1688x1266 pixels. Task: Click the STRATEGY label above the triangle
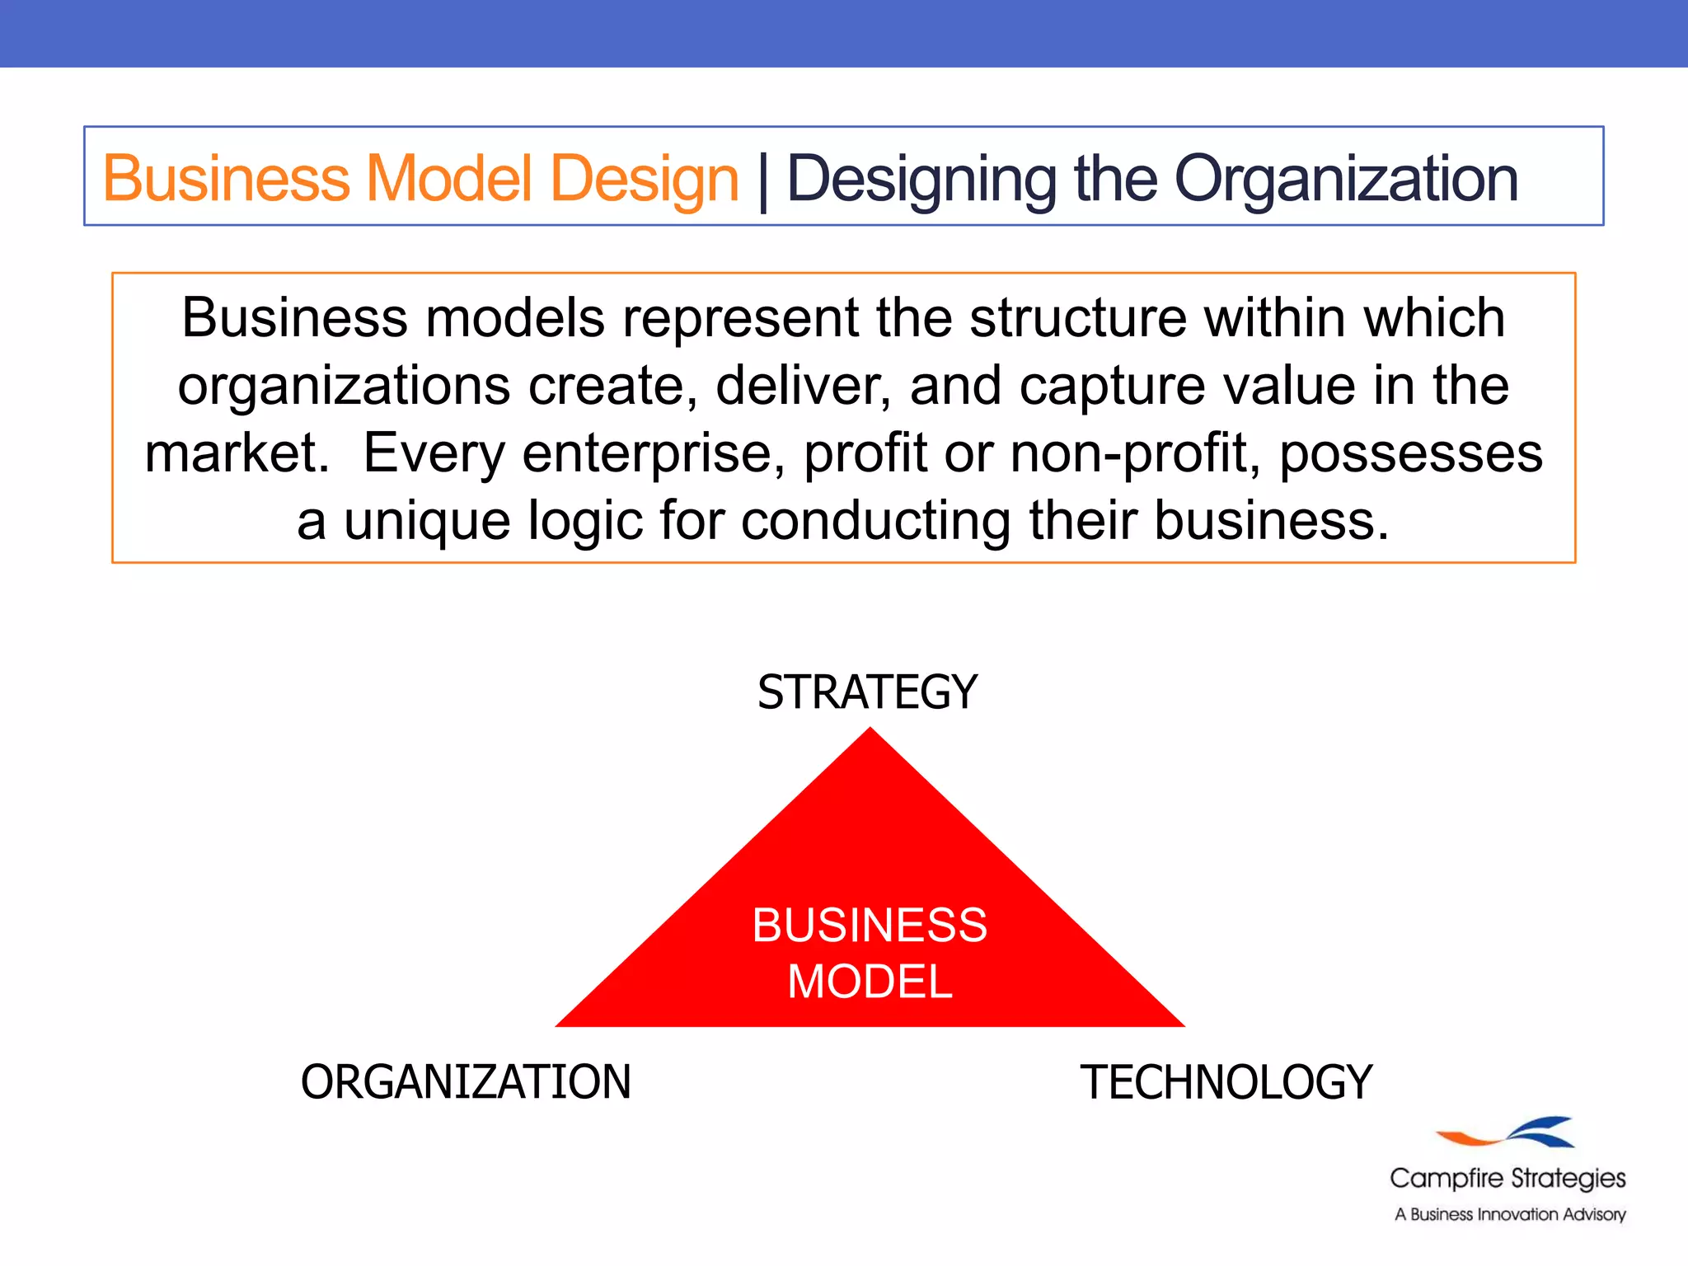pyautogui.click(x=867, y=692)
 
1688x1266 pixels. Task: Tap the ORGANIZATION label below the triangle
pyautogui.click(x=466, y=1082)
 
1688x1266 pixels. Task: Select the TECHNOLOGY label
pyautogui.click(x=1226, y=1082)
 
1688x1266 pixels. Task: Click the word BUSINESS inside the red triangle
pyautogui.click(x=870, y=925)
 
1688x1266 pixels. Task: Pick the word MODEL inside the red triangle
pyautogui.click(x=870, y=982)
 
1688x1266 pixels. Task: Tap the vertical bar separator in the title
pyautogui.click(x=763, y=181)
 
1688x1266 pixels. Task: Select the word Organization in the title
pyautogui.click(x=1345, y=179)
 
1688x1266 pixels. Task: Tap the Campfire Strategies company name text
pyautogui.click(x=1507, y=1179)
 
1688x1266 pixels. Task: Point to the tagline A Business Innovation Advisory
pyautogui.click(x=1510, y=1214)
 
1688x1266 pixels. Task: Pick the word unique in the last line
pyautogui.click(x=427, y=521)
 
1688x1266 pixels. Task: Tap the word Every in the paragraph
pyautogui.click(x=434, y=453)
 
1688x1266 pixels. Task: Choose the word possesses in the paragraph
pyautogui.click(x=1410, y=453)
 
